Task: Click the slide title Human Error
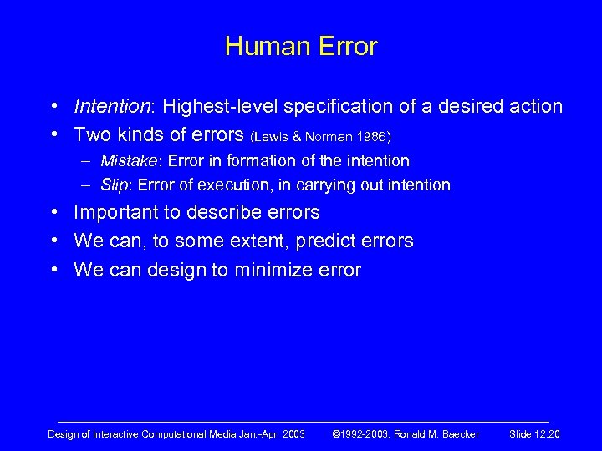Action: pyautogui.click(x=301, y=46)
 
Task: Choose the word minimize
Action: pyautogui.click(x=269, y=270)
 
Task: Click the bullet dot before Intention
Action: pyautogui.click(x=54, y=108)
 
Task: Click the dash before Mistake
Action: pyautogui.click(x=87, y=161)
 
